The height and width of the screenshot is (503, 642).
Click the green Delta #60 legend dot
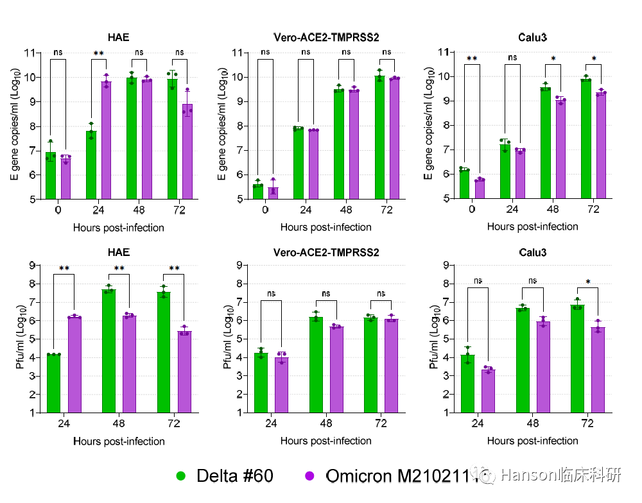point(180,476)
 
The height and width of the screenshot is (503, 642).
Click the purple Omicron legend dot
point(309,476)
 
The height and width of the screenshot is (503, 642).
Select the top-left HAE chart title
point(118,38)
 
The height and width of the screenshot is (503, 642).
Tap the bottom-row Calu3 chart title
point(532,253)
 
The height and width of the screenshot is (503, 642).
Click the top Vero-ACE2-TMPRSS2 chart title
point(326,38)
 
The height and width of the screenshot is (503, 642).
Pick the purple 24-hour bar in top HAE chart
point(107,141)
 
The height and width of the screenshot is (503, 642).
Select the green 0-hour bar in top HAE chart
point(50,176)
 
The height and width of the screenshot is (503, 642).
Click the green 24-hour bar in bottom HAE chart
point(54,384)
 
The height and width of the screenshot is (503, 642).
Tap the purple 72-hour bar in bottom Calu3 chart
point(598,370)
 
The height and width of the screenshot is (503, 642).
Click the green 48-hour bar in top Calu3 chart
point(545,143)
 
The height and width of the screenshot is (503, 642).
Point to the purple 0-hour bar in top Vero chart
point(273,193)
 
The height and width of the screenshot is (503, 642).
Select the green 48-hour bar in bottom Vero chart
point(316,364)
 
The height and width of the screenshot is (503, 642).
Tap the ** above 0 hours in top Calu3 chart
point(472,59)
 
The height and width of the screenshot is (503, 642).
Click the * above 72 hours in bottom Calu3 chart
point(588,282)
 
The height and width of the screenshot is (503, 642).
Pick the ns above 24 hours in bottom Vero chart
point(271,293)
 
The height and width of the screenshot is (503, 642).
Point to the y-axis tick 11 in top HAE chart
point(30,53)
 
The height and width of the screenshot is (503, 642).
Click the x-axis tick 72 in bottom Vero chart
point(381,423)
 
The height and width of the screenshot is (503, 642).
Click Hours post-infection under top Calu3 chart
point(532,226)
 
